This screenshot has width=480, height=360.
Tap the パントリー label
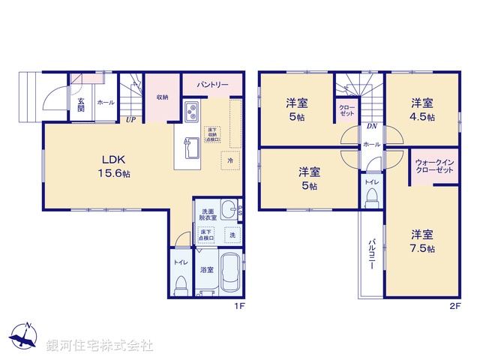pyautogui.click(x=213, y=85)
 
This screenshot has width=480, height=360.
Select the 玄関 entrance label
pyautogui.click(x=80, y=104)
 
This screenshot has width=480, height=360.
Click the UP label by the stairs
pyautogui.click(x=130, y=118)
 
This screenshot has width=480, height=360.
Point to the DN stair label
pyautogui.click(x=370, y=126)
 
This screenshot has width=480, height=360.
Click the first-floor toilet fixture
pyautogui.click(x=181, y=284)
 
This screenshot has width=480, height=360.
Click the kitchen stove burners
pyautogui.click(x=191, y=115)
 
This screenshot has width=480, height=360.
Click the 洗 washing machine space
pyautogui.click(x=232, y=235)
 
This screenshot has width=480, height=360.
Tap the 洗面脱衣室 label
pyautogui.click(x=208, y=216)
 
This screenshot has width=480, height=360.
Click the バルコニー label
pyautogui.click(x=371, y=254)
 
